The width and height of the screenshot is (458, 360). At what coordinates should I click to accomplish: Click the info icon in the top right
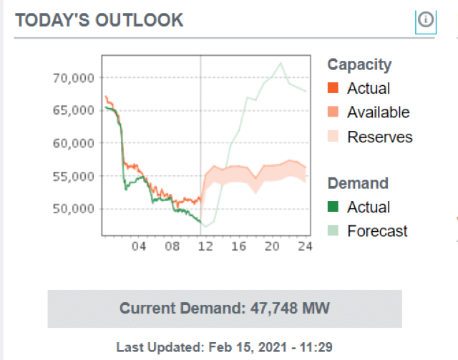tap(426, 20)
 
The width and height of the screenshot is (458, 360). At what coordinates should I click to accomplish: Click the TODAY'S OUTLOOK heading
tap(99, 20)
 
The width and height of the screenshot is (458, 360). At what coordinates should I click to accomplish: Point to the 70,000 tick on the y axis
tap(74, 77)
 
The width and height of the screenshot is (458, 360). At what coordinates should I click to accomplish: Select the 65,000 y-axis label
tap(74, 110)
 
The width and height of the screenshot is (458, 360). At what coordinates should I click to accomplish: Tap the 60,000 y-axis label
tap(74, 143)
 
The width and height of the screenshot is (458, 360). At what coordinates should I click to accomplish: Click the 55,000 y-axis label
tap(74, 176)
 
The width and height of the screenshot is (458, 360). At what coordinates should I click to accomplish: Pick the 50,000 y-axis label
tap(74, 209)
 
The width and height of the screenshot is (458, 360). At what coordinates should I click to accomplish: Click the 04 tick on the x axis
tap(139, 247)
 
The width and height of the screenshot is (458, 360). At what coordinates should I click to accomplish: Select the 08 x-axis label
tap(172, 247)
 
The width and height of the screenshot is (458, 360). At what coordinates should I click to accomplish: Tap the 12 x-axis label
tap(205, 247)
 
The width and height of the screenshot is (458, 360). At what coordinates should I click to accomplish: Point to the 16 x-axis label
tap(238, 247)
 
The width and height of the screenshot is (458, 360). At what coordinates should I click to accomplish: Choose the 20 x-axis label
tap(272, 247)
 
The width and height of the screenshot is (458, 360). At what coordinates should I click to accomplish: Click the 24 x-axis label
tap(305, 247)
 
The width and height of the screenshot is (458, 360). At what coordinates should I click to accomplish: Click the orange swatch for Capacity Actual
tap(333, 89)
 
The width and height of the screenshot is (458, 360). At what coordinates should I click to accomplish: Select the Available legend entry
tap(378, 112)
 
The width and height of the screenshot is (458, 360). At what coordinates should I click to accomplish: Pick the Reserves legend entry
tap(379, 137)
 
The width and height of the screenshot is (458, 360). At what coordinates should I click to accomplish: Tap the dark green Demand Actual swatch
tap(333, 208)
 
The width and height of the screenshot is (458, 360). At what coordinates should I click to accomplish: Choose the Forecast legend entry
tap(377, 231)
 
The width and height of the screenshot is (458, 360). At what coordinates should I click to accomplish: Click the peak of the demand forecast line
tap(281, 62)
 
